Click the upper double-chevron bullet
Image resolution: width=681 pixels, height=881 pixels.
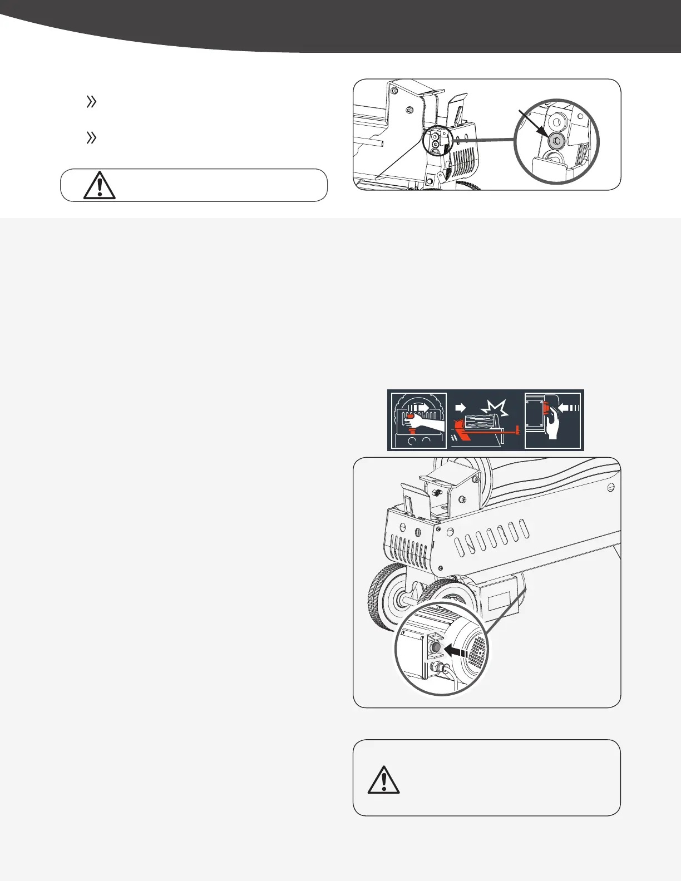[91, 102]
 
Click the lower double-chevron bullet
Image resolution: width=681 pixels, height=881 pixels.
[91, 138]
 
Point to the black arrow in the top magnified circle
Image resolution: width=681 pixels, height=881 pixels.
[532, 123]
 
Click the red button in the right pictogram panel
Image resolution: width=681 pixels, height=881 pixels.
[546, 410]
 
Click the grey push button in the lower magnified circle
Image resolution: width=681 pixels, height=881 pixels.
[436, 648]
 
